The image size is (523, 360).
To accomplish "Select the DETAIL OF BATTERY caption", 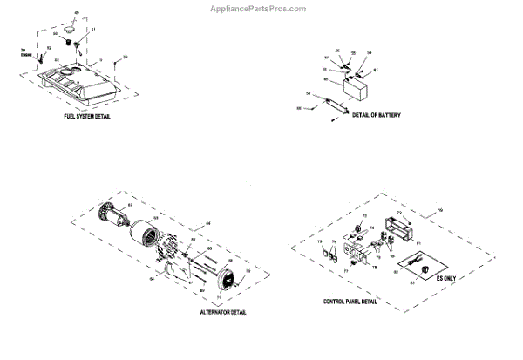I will point(377,114).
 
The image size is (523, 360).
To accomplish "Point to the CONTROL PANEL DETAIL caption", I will point(350,301).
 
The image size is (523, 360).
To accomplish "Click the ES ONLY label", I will point(446,278).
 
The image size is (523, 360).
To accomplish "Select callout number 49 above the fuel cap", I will point(75,12).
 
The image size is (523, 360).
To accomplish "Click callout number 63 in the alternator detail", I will point(131,205).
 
